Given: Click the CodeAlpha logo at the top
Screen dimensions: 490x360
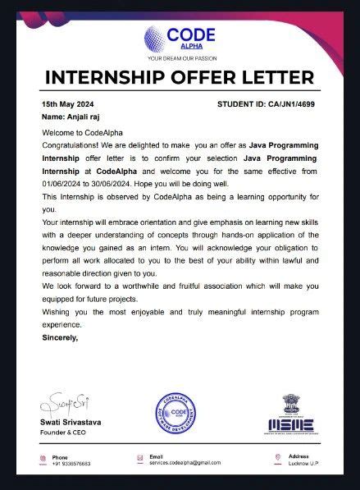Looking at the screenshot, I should click(180, 38).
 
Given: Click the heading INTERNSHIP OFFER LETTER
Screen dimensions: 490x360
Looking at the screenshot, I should click(180, 78).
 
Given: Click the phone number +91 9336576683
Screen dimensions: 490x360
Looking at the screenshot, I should click(71, 464).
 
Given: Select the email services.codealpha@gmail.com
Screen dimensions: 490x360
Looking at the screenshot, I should click(185, 464).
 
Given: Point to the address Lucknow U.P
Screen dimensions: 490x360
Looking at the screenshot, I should click(304, 464).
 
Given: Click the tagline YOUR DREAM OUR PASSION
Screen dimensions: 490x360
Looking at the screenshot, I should click(180, 59).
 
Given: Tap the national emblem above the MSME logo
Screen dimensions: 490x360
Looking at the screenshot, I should click(292, 402).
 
